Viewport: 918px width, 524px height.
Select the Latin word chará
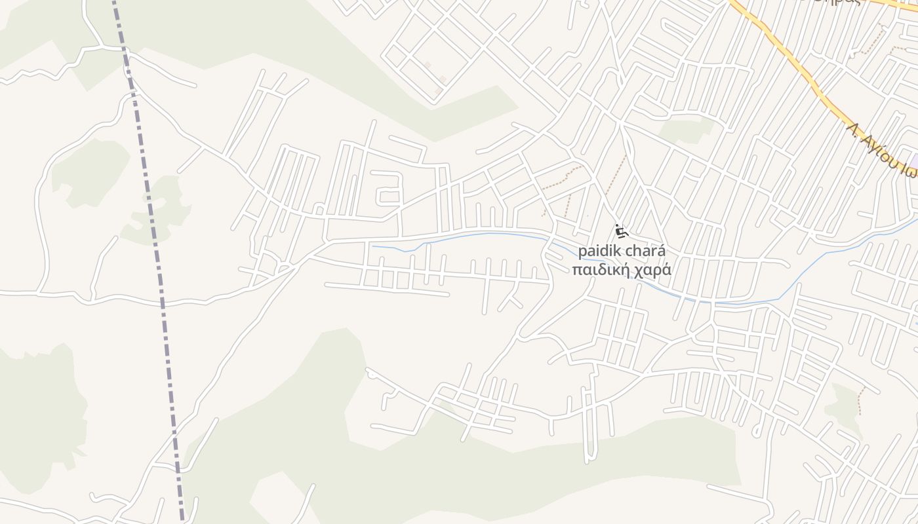click(646, 252)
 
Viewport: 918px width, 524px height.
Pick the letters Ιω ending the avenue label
click(908, 172)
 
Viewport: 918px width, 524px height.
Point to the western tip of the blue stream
click(373, 247)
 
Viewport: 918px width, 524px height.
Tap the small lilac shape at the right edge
click(915, 160)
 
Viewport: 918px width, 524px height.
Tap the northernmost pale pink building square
click(428, 65)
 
